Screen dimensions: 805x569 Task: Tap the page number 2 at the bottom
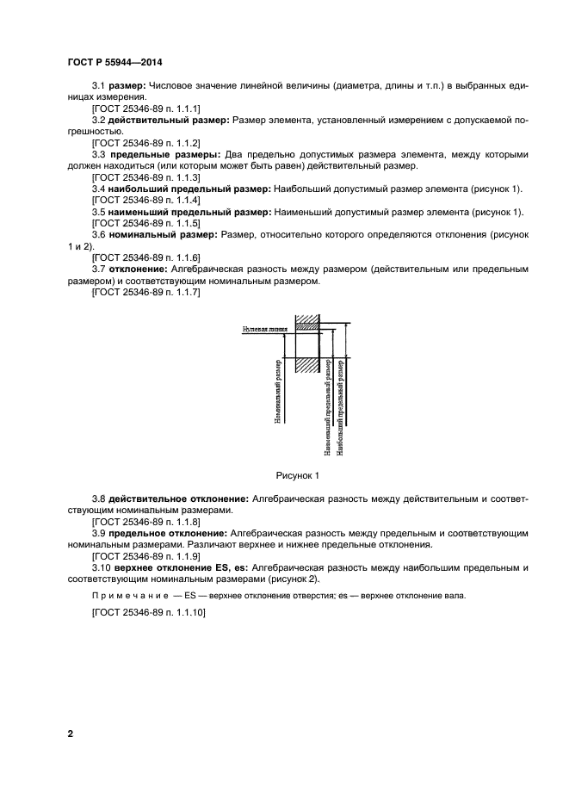point(70,734)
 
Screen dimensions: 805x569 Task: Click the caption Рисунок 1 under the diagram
point(298,474)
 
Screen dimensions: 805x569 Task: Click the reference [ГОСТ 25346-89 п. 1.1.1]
point(145,109)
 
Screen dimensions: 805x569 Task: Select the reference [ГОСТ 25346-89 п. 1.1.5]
point(145,223)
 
